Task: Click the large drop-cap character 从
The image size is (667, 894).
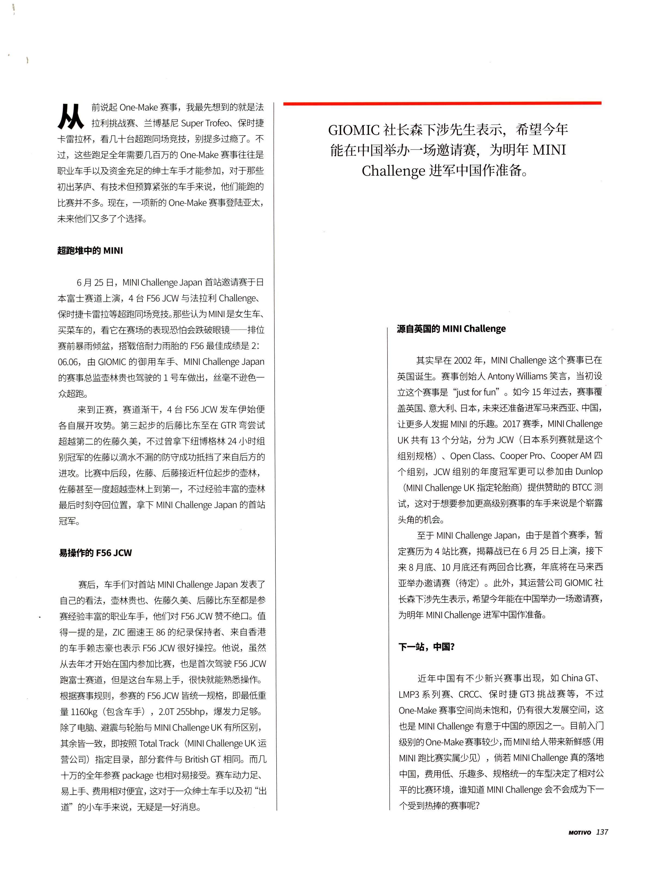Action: pos(71,116)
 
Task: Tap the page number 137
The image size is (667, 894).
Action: pos(601,832)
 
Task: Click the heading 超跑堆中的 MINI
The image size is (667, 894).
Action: pos(90,251)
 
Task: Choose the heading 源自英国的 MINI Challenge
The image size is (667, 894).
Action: pos(451,329)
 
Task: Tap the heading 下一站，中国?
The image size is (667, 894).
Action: pos(426,647)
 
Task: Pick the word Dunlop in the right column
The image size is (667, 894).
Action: pos(589,472)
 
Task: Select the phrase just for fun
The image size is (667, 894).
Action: pos(476,392)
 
